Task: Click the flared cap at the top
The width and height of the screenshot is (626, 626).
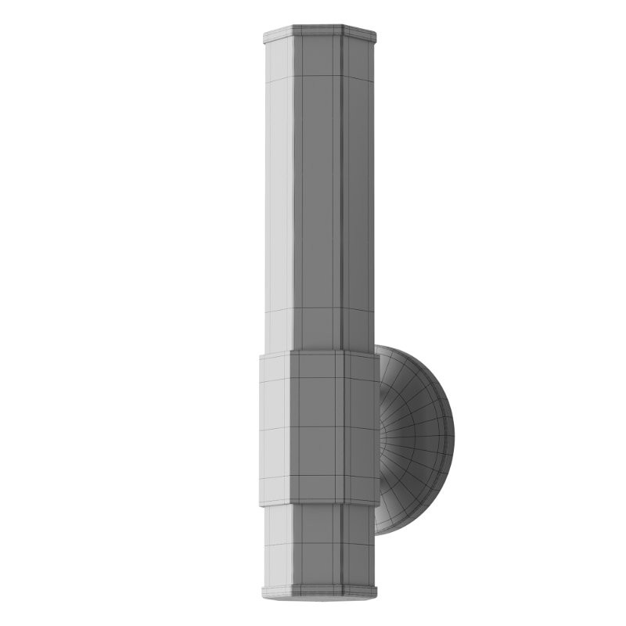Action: click(x=319, y=34)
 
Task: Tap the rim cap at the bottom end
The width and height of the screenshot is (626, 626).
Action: click(x=319, y=592)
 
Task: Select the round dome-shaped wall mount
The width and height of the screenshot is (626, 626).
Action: click(x=415, y=438)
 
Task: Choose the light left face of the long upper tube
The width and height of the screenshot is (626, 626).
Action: click(x=279, y=196)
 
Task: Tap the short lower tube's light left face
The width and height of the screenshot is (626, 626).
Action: click(x=279, y=544)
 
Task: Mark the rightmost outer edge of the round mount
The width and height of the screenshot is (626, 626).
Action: click(x=454, y=435)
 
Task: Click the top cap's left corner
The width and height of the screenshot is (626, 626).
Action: click(x=264, y=35)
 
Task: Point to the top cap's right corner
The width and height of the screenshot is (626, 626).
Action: click(x=376, y=35)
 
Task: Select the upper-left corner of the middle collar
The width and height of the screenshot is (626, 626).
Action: click(x=260, y=357)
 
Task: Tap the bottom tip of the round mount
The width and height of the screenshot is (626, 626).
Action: click(x=379, y=534)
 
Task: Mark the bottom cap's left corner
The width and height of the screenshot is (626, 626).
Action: click(x=263, y=591)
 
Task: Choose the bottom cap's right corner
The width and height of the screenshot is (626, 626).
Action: click(x=376, y=591)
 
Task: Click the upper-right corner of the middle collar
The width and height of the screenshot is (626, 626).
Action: click(x=380, y=354)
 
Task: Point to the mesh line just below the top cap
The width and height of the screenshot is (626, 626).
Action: click(x=319, y=76)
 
